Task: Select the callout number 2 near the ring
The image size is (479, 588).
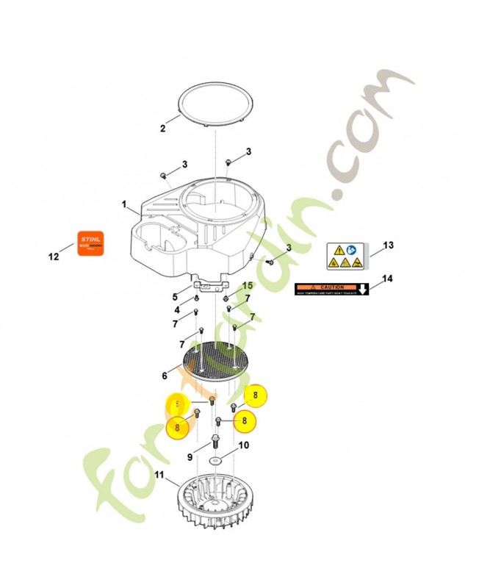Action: pyautogui.click(x=163, y=128)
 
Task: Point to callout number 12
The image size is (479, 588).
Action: pyautogui.click(x=53, y=257)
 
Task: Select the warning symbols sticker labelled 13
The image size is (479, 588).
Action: pyautogui.click(x=343, y=256)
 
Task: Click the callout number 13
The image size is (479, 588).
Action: pyautogui.click(x=389, y=245)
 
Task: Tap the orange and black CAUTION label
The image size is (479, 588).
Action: pyautogui.click(x=331, y=289)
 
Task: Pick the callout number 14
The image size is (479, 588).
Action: pyautogui.click(x=389, y=279)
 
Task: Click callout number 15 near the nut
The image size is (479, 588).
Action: pyautogui.click(x=247, y=285)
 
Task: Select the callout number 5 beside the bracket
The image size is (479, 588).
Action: pyautogui.click(x=176, y=297)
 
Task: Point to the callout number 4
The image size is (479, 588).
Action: pyautogui.click(x=177, y=309)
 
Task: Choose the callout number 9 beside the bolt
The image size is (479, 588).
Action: pyautogui.click(x=190, y=457)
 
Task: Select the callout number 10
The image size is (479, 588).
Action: pyautogui.click(x=244, y=445)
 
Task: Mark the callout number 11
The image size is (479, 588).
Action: pyautogui.click(x=159, y=474)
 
